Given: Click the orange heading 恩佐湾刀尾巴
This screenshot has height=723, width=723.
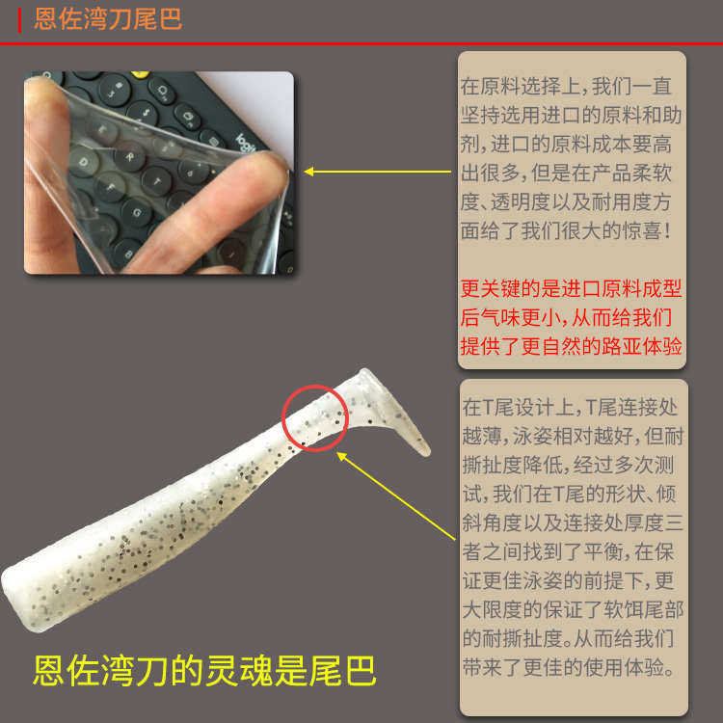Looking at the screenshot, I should click(108, 18).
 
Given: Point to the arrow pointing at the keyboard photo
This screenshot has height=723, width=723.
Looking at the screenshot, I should click(376, 172).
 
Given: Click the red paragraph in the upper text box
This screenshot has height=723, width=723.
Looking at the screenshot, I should click(572, 317).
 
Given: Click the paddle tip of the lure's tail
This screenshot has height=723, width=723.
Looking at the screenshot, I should click(422, 444).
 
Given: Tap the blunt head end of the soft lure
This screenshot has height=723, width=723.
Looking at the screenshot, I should click(12, 585).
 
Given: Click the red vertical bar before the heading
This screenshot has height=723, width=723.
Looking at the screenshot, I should click(20, 18).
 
